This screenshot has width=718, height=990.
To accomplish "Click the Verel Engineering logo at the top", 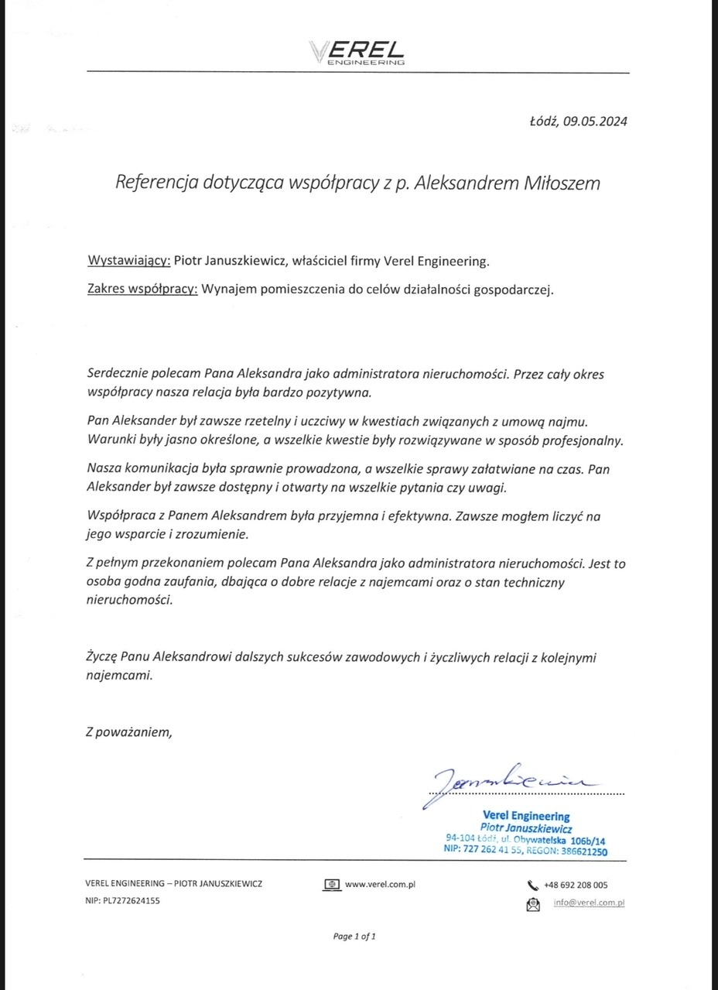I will [357, 53].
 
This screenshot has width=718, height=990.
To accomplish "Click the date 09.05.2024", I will [595, 122].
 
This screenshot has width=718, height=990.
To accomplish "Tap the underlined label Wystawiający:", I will [128, 262].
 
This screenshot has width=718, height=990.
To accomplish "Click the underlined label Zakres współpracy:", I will [142, 291].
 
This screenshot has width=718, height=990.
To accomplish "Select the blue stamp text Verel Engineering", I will [525, 816].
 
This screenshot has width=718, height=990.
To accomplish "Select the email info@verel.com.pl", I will [589, 903].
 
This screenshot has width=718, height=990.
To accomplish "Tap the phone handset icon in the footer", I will [532, 886].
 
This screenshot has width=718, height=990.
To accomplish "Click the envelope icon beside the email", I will [532, 903].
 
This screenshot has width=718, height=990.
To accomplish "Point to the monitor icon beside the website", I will [332, 885].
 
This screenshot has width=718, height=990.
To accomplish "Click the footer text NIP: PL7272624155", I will [123, 901].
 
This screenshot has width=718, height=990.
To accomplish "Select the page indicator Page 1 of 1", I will [354, 937].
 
